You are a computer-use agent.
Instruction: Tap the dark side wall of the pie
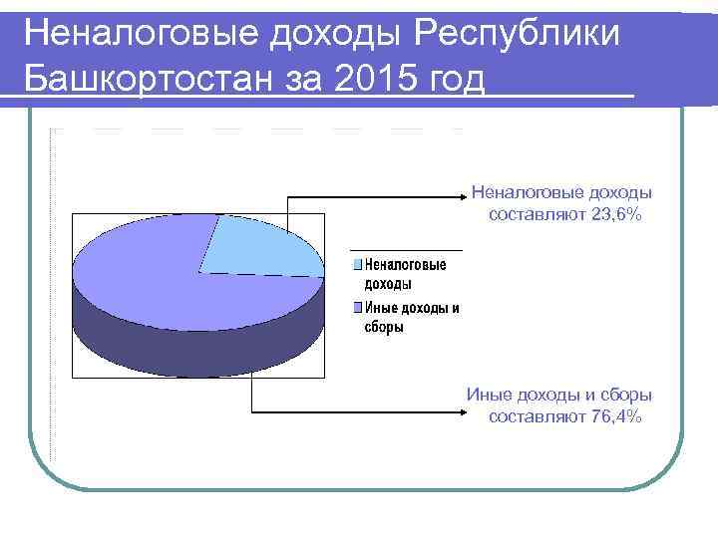(x=199, y=344)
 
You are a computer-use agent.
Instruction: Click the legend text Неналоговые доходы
(x=405, y=274)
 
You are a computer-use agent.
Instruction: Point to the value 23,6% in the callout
(x=616, y=213)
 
